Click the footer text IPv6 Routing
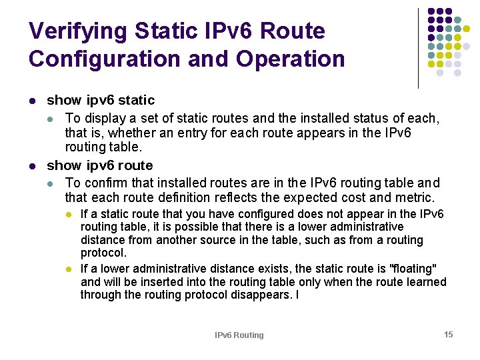click(239, 335)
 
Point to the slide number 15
click(449, 334)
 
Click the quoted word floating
click(414, 269)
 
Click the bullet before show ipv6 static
click(33, 101)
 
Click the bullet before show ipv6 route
click(33, 166)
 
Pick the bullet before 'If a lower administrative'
click(68, 269)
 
